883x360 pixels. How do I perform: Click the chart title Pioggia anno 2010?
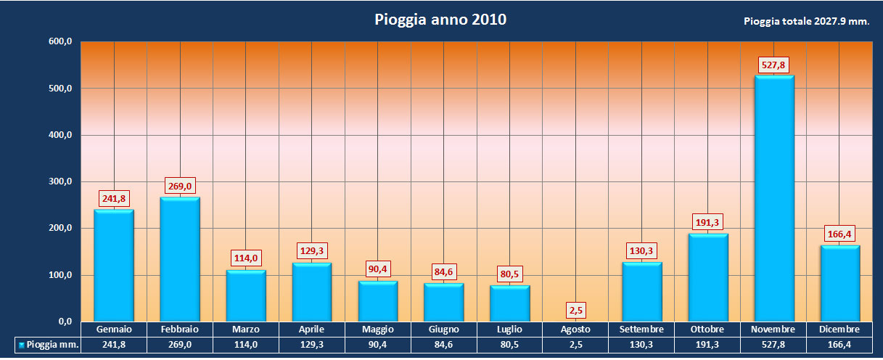click(440, 20)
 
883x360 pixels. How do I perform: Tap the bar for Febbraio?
click(180, 259)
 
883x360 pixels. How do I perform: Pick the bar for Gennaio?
click(114, 266)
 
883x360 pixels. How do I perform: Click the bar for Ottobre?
click(708, 277)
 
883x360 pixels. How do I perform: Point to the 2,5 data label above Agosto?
click(576, 311)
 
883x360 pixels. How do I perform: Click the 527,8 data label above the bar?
click(774, 65)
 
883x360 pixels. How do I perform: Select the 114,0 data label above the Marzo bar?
click(246, 258)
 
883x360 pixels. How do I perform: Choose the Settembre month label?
click(641, 330)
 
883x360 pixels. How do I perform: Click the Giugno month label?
click(444, 330)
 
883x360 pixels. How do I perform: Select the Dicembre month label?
click(839, 330)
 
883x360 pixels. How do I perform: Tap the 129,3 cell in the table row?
click(312, 345)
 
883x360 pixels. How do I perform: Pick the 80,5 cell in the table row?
click(510, 345)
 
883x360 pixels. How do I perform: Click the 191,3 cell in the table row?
click(707, 345)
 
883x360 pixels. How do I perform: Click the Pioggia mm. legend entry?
click(48, 345)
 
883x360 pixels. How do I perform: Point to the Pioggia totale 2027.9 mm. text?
click(806, 22)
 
